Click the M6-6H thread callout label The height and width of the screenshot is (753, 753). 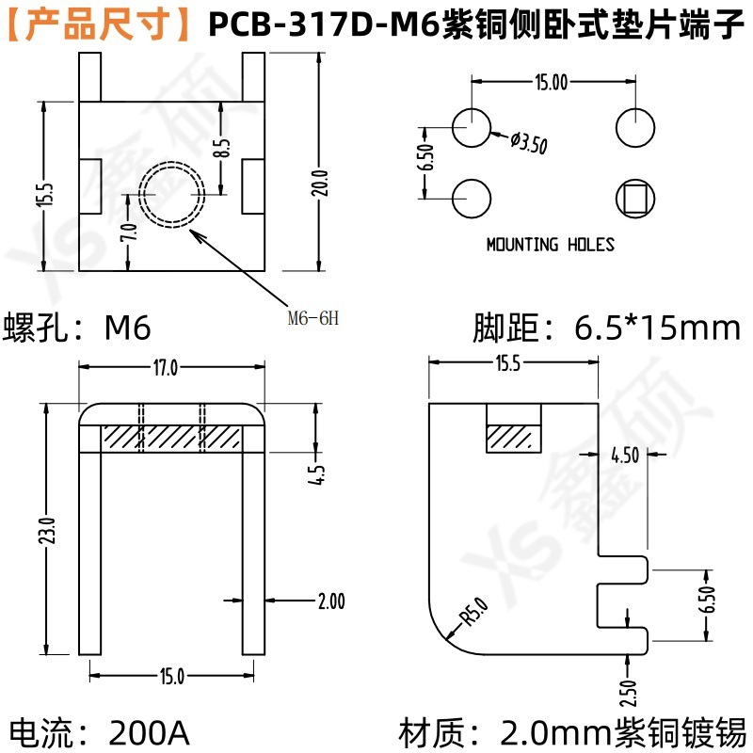tap(313, 318)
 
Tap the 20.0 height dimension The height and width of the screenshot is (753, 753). tap(320, 183)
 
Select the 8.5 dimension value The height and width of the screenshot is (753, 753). tap(221, 148)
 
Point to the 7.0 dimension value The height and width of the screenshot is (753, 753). tap(129, 232)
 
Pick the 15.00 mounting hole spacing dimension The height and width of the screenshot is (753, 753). tap(552, 82)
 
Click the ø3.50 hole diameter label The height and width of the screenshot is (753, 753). tap(529, 143)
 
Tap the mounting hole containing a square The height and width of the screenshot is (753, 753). tap(634, 199)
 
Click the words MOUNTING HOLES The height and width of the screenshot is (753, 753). tap(551, 245)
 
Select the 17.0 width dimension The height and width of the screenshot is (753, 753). tap(166, 368)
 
